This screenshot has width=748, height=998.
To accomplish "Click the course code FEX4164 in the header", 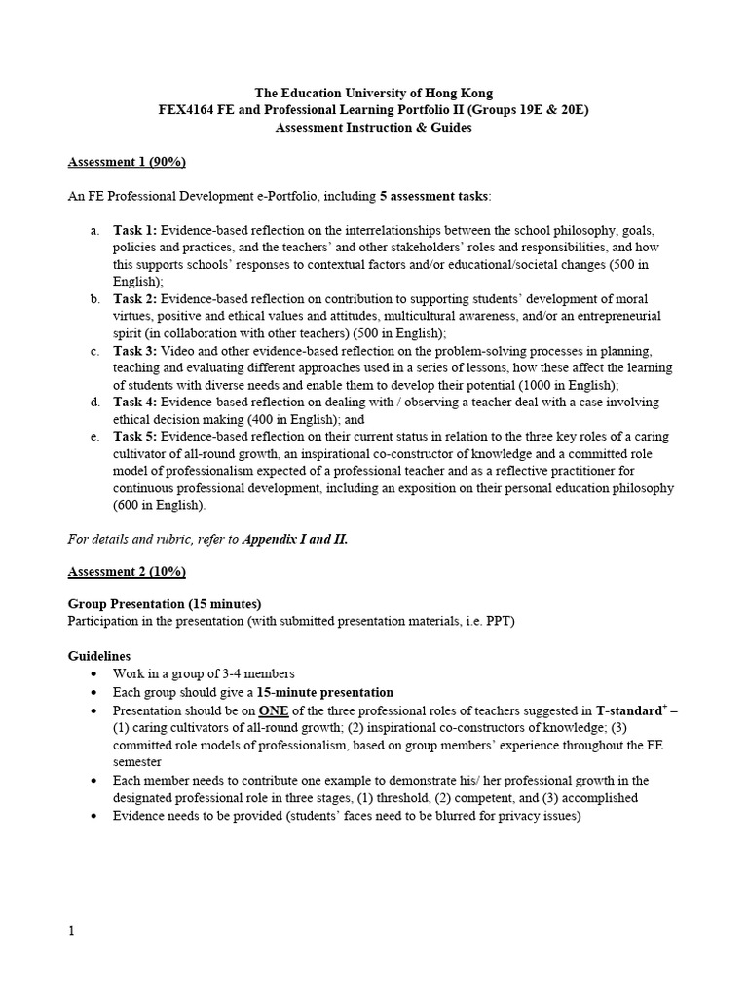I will pyautogui.click(x=185, y=110).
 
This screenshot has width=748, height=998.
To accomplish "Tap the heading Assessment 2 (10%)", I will pyautogui.click(x=126, y=571).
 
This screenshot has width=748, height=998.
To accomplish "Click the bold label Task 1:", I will pyautogui.click(x=135, y=231).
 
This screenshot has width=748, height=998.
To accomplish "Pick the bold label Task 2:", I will pyautogui.click(x=135, y=299).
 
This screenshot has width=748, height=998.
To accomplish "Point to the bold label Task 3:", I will pyautogui.click(x=135, y=351).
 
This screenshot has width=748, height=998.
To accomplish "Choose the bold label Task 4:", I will pyautogui.click(x=135, y=403).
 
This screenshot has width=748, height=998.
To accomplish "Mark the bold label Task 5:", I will pyautogui.click(x=135, y=437).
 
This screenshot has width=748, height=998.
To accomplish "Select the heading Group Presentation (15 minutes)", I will pyautogui.click(x=165, y=604).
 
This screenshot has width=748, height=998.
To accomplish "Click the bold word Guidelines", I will pyautogui.click(x=99, y=656).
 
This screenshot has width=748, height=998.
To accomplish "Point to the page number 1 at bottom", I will pyautogui.click(x=71, y=930).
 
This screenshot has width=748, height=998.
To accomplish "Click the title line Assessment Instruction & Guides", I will pyautogui.click(x=374, y=128).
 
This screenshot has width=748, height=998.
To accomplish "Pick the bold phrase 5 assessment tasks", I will pyautogui.click(x=434, y=196).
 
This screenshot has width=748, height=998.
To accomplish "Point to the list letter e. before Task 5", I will pyautogui.click(x=94, y=437).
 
